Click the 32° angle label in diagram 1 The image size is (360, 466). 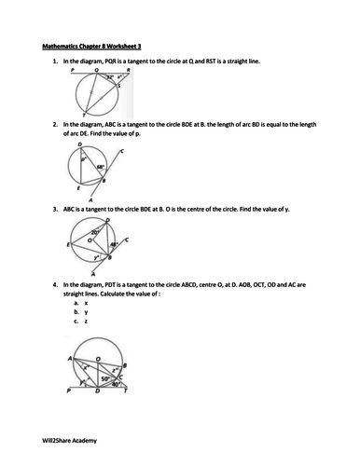(x=109, y=77)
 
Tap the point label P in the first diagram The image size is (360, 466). (x=72, y=69)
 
